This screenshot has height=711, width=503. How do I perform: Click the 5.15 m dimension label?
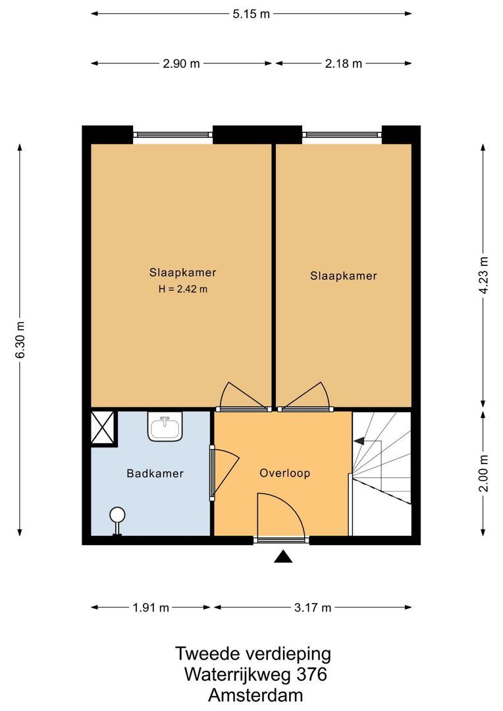point(251,14)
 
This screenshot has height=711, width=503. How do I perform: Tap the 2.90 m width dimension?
point(181,63)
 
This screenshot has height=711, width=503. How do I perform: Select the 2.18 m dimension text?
point(344,63)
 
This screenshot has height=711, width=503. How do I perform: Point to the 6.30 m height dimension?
point(20,340)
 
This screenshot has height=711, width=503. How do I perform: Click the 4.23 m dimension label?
point(484,275)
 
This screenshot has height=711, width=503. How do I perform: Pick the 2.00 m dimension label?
point(484,473)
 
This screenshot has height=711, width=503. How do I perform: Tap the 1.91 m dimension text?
point(151,608)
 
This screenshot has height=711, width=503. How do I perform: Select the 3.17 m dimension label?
point(313,608)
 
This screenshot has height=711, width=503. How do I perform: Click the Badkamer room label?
point(155,474)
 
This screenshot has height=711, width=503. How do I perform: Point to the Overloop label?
point(285,473)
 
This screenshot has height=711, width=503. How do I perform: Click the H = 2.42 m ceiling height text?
point(183,289)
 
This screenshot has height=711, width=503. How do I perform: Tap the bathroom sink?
point(165,426)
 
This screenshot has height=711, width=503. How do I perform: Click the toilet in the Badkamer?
point(117,521)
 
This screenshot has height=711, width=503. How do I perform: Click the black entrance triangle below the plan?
point(283,556)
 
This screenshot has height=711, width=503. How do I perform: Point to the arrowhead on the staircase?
point(359,440)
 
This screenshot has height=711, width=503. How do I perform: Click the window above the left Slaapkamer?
point(172,135)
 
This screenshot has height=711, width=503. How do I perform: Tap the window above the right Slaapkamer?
point(342,135)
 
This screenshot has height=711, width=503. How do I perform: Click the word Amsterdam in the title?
point(255,695)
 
